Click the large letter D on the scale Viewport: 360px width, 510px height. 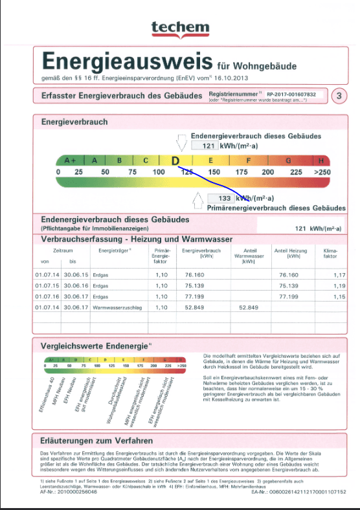click(175, 161)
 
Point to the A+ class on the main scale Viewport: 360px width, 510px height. click(70, 160)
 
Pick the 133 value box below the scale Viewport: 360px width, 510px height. click(224, 198)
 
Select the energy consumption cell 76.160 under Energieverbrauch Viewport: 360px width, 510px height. click(194, 275)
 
